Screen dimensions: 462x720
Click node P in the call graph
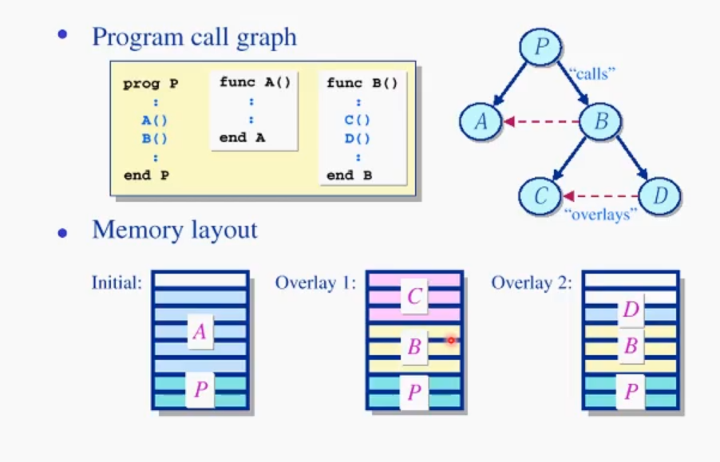tap(543, 47)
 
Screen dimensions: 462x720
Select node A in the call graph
tap(481, 121)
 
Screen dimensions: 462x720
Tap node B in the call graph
tap(600, 121)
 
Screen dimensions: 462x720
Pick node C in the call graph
tap(540, 196)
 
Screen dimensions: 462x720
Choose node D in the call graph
tap(659, 196)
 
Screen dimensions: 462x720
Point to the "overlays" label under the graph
tap(599, 215)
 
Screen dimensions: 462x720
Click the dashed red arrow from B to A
tap(540, 122)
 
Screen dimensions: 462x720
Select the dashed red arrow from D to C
tap(599, 196)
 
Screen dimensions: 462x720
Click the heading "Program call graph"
tap(194, 37)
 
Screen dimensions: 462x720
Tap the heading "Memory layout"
tap(175, 230)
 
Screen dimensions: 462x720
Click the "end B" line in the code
tap(350, 176)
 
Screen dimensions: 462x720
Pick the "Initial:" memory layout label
tap(117, 282)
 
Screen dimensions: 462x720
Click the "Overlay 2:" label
tap(532, 282)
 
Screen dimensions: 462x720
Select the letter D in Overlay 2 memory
tap(631, 309)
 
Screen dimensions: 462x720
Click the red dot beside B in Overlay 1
tap(450, 340)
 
